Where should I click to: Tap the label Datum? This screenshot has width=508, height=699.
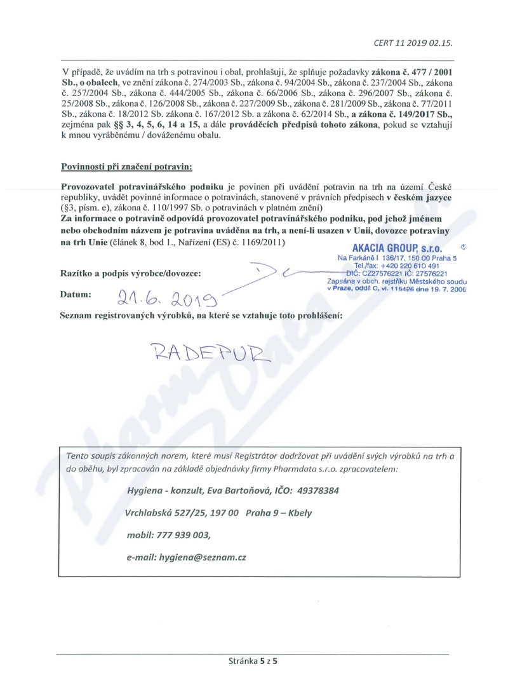pyautogui.click(x=76, y=295)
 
